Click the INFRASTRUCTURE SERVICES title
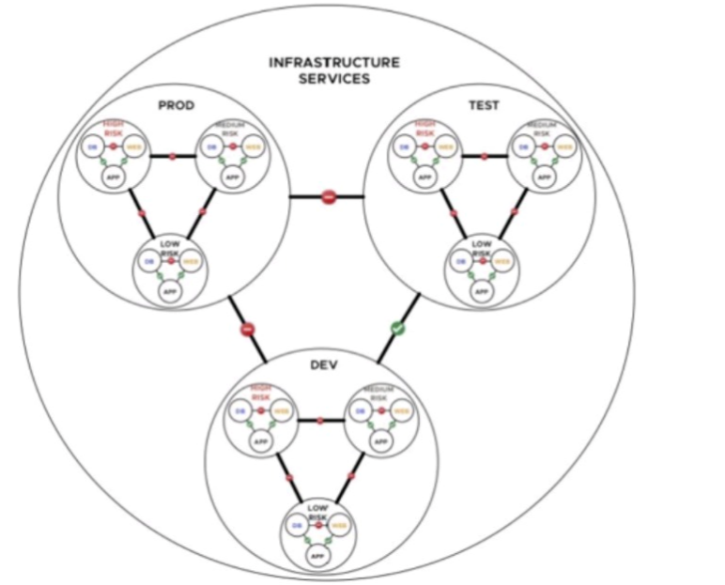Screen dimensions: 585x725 point(333,70)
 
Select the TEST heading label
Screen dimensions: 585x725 point(484,106)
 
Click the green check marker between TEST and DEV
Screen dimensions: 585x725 point(397,329)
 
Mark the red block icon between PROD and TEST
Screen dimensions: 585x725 point(328,197)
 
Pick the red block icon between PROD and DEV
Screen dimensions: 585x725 point(248,330)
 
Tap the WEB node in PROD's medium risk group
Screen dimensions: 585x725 point(252,146)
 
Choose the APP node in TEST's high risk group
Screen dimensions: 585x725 point(424,176)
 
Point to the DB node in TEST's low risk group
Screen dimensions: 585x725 point(460,262)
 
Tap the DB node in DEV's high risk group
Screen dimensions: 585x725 point(239,410)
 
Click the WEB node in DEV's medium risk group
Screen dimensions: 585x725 point(400,410)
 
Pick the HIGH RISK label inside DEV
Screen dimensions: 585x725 point(260,392)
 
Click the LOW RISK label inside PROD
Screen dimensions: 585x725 point(170,248)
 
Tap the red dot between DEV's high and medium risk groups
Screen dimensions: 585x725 point(320,420)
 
